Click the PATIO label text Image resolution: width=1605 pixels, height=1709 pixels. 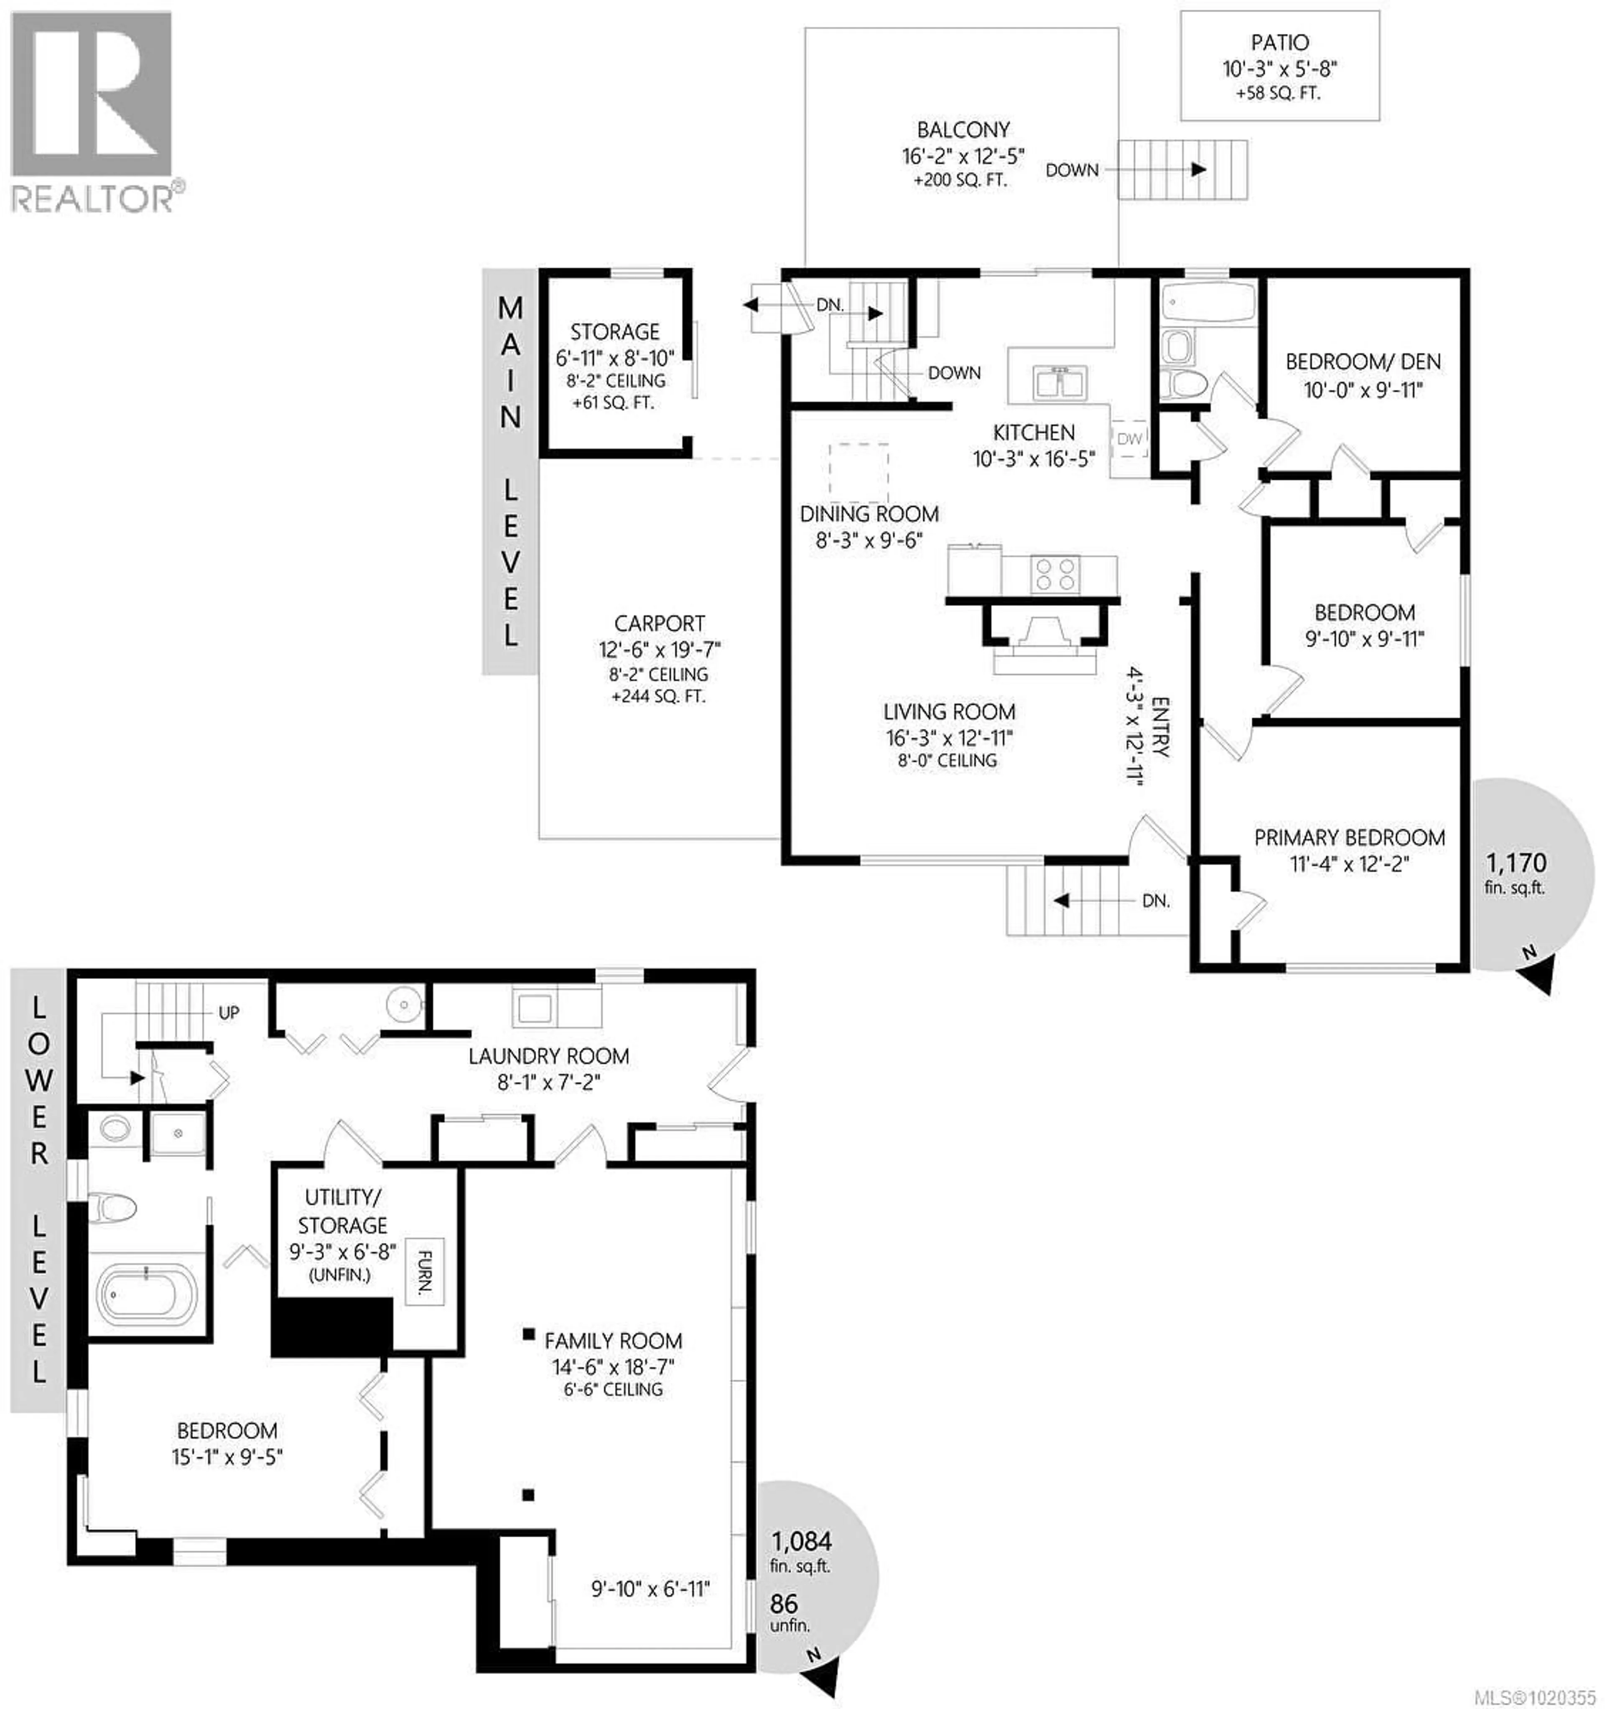coord(1279,42)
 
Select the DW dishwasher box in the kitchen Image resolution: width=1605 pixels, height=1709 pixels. coord(1129,438)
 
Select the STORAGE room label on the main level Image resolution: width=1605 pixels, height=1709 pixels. coord(615,332)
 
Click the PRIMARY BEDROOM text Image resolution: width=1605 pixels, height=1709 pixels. coord(1349,837)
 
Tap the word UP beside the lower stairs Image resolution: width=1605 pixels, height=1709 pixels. coord(229,1013)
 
